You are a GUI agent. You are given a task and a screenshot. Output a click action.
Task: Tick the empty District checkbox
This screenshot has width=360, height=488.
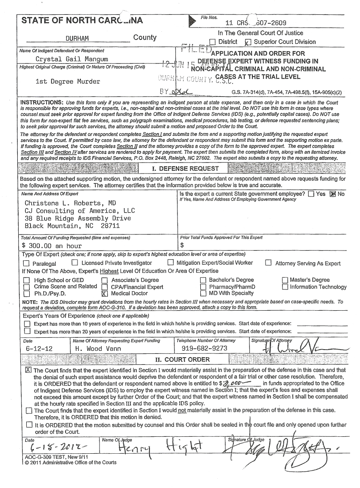coord(212,42)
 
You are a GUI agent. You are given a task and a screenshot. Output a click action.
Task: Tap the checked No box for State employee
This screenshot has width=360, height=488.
coord(332,194)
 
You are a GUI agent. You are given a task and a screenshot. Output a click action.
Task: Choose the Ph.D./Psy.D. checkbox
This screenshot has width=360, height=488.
coord(26,293)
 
